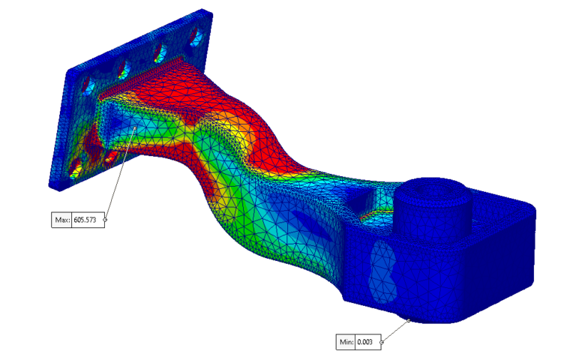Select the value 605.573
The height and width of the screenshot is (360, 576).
point(88,220)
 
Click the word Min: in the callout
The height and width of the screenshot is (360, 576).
point(346,343)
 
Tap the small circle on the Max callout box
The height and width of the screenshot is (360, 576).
point(105,220)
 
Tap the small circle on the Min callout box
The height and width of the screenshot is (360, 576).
point(382,343)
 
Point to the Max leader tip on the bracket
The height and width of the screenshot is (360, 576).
point(135,127)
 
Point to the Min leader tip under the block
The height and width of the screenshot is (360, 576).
point(410,319)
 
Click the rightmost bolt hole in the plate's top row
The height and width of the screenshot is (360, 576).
point(197,35)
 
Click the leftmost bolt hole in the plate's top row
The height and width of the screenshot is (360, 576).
point(88,82)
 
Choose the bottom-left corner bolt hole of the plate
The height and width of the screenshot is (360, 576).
point(76,171)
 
